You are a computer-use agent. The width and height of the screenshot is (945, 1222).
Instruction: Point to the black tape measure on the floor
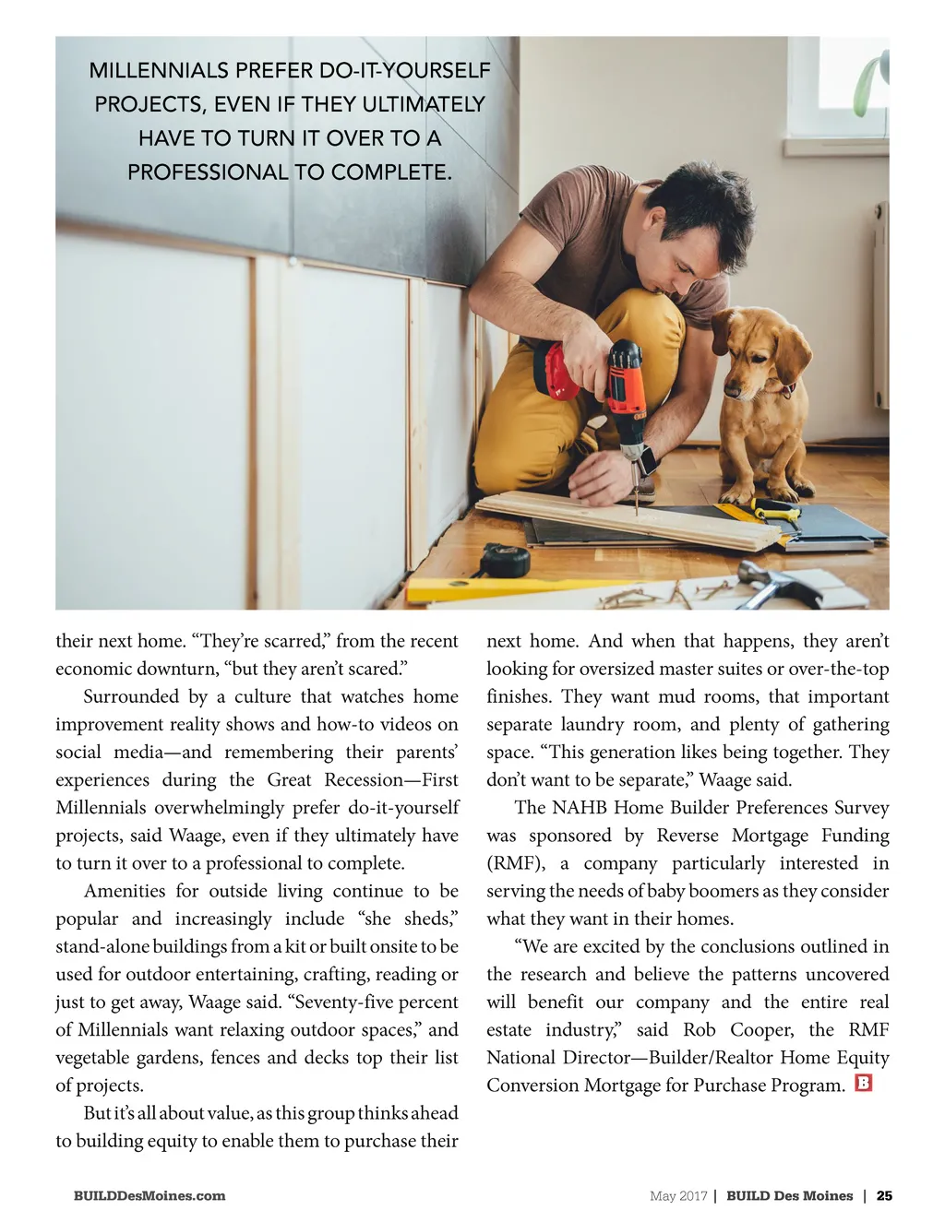(505, 560)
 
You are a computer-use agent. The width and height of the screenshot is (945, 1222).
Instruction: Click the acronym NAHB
(580, 808)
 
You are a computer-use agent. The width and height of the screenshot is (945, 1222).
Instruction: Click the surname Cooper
(761, 1029)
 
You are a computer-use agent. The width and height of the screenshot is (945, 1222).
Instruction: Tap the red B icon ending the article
(864, 1083)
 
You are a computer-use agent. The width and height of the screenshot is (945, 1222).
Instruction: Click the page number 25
(884, 1196)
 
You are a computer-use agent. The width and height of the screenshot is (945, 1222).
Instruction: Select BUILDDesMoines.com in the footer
(150, 1196)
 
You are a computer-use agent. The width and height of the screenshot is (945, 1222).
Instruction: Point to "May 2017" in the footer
(678, 1196)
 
